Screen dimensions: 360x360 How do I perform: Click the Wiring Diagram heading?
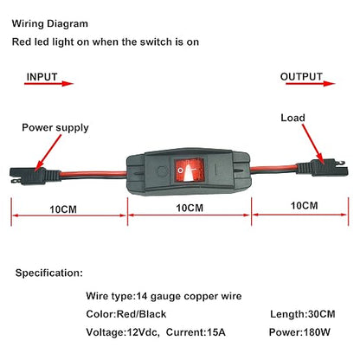(x=50, y=23)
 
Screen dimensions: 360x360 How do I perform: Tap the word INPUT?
(x=42, y=77)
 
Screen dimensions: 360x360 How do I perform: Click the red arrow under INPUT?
(x=48, y=84)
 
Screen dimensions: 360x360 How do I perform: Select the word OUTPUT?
(x=301, y=76)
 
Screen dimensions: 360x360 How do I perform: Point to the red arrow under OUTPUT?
(x=311, y=84)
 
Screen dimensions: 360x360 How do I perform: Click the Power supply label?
(x=55, y=128)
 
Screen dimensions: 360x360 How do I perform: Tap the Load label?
(x=292, y=118)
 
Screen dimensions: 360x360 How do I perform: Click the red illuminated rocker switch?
(x=189, y=170)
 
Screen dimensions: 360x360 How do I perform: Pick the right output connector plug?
(x=322, y=168)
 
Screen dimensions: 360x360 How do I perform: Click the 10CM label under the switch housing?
(x=190, y=208)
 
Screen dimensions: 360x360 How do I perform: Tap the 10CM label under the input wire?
(x=63, y=209)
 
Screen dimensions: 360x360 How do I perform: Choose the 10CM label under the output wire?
(x=304, y=206)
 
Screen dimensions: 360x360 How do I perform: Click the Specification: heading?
(x=49, y=273)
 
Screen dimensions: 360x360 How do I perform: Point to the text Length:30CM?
(x=303, y=314)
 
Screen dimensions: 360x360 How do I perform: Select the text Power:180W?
(x=299, y=332)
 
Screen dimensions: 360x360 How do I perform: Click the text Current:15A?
(x=196, y=332)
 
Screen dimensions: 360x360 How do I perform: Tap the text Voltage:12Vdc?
(x=123, y=332)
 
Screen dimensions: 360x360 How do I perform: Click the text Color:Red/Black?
(x=126, y=314)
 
